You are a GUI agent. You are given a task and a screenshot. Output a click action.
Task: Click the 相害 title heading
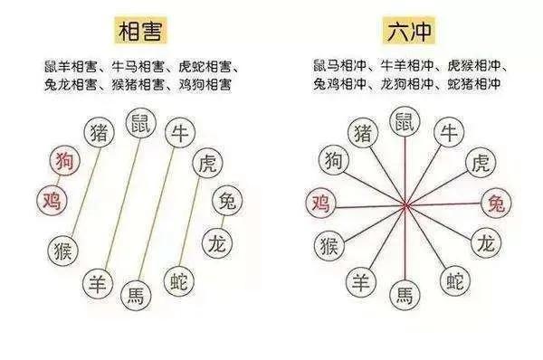click(140, 31)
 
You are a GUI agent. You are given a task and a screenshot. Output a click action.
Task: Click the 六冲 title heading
click(409, 31)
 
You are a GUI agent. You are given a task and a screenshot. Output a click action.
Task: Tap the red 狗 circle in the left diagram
click(64, 160)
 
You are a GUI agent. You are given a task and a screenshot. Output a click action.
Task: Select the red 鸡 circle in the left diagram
click(52, 200)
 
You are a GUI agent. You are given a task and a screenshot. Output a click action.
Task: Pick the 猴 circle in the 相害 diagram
click(63, 251)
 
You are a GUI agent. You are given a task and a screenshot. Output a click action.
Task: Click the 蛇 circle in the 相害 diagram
click(179, 281)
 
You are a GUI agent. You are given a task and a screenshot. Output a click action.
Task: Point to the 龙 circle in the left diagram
click(217, 243)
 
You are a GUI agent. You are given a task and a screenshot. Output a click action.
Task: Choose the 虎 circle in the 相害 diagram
click(208, 163)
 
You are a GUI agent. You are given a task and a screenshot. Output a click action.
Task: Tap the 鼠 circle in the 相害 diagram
click(141, 123)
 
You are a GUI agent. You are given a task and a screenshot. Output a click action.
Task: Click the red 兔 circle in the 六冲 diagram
click(496, 204)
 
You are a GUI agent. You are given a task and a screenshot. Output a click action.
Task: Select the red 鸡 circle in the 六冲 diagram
click(321, 203)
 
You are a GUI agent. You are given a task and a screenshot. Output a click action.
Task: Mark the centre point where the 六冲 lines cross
click(405, 206)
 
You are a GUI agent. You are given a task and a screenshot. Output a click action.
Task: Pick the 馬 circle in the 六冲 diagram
click(405, 295)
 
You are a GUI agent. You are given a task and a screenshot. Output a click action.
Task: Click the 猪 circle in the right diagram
click(363, 132)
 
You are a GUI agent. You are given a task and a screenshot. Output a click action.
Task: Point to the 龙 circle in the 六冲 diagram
click(486, 242)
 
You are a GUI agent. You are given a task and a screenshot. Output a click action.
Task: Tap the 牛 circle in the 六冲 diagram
click(449, 132)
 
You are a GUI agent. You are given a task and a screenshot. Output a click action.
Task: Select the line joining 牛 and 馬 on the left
click(157, 213)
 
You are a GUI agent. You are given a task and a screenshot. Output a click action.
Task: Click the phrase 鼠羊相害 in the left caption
click(71, 66)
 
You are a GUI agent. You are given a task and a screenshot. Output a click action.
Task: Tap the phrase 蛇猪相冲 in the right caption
click(474, 84)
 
